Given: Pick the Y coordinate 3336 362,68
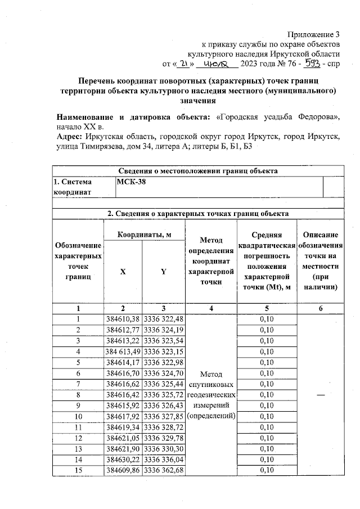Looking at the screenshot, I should tap(164, 470).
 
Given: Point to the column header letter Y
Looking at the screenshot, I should tap(164, 272).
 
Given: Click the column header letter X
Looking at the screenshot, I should tap(123, 272).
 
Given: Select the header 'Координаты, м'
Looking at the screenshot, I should tap(143, 234).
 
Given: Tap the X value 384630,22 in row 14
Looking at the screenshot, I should tap(123, 459).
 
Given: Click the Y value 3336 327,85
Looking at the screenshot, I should tap(164, 416).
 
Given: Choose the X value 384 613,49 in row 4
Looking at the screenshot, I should tap(123, 352).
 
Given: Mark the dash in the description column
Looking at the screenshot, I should tap(320, 395).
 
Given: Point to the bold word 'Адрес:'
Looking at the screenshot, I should tap(70, 137).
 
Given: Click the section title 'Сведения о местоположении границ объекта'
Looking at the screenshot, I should tap(198, 171).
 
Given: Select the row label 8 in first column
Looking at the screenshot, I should tap(78, 395).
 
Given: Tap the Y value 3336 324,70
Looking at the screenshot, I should tap(164, 373).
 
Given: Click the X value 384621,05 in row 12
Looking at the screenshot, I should tap(123, 438).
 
